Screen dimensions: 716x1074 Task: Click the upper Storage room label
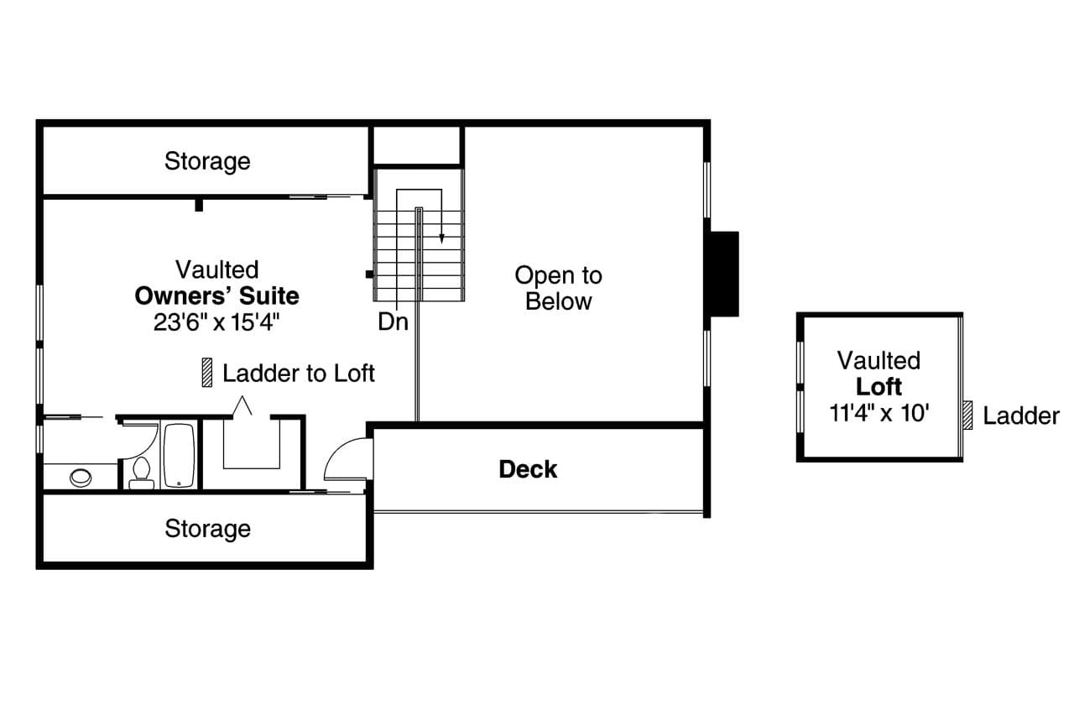coord(207,160)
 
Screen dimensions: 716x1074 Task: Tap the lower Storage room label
coord(207,528)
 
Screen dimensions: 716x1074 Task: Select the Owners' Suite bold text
coord(216,295)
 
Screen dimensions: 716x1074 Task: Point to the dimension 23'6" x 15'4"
coord(216,322)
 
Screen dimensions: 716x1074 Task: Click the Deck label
coord(528,468)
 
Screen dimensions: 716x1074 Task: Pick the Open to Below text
coord(558,288)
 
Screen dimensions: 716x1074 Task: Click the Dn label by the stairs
coord(393,321)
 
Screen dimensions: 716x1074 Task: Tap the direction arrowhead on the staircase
coord(442,238)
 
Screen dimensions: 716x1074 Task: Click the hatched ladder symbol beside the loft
coord(967,415)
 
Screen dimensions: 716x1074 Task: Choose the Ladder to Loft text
coord(299,373)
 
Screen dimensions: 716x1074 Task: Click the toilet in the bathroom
coord(141,473)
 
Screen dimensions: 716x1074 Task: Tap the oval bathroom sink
coord(81,478)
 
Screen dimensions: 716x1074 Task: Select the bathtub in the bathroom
coord(179,456)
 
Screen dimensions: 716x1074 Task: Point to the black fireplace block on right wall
coord(724,274)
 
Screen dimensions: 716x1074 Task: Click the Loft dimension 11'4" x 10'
coord(878,413)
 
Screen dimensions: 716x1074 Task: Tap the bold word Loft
coord(878,387)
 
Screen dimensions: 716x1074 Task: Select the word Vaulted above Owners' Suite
coord(216,269)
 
